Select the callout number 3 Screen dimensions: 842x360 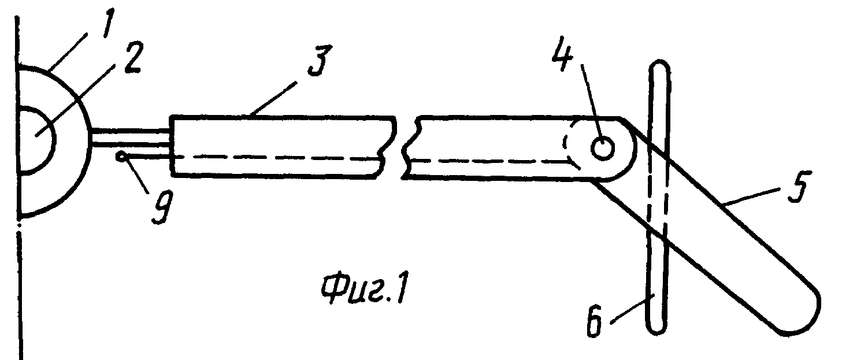[x=320, y=61]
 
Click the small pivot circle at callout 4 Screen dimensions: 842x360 [x=603, y=148]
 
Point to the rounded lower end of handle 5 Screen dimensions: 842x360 [x=800, y=320]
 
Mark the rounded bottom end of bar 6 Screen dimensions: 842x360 [x=656, y=328]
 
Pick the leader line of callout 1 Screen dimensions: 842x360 [x=69, y=52]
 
